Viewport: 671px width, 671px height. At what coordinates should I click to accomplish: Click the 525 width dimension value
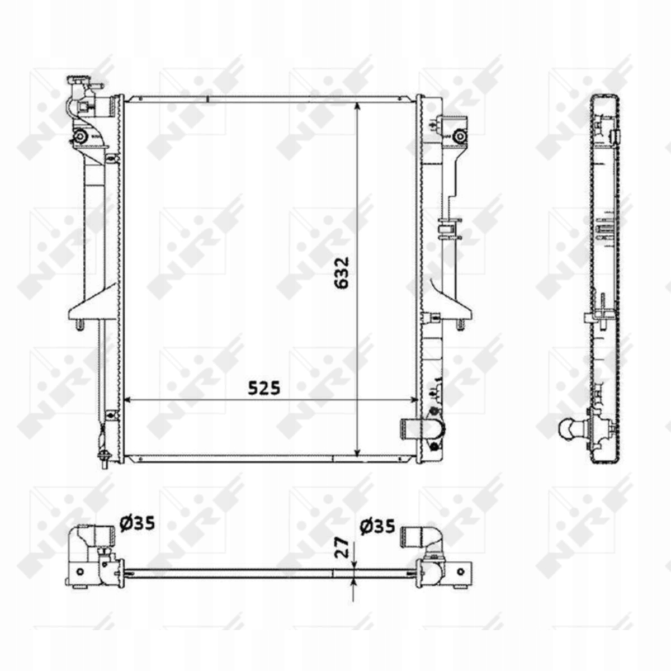tap(264, 388)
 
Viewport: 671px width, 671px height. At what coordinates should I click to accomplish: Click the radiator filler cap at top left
tap(78, 81)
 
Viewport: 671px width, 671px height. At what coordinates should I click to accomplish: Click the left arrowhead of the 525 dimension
tap(129, 400)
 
